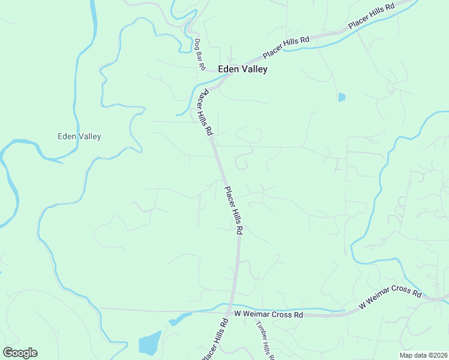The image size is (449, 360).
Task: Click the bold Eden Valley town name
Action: click(x=243, y=69)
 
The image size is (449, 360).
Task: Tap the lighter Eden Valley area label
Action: click(x=79, y=136)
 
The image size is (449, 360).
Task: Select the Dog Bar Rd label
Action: click(x=200, y=55)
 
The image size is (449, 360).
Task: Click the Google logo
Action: click(x=20, y=353)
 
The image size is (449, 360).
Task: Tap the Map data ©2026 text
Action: click(x=424, y=355)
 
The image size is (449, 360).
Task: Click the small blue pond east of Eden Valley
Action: click(x=342, y=97)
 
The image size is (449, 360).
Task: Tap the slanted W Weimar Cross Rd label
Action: click(x=390, y=297)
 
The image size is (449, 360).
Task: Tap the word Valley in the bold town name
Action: click(x=255, y=69)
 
